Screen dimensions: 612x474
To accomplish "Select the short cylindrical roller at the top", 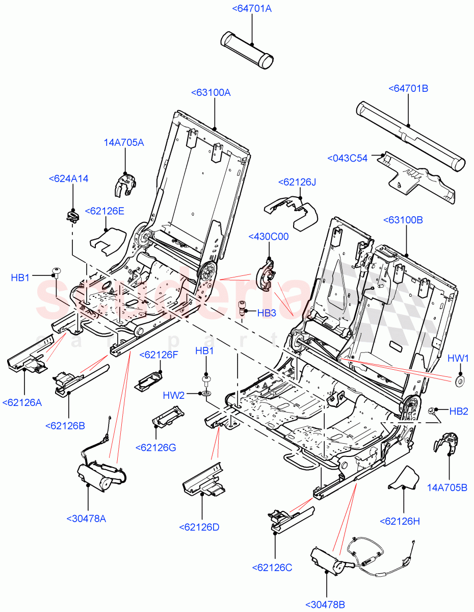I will pos(247,49).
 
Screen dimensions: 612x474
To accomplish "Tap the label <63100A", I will pos(211,93).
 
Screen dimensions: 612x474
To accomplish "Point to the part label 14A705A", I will pos(124,143).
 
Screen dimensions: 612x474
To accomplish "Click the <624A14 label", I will pos(68,179).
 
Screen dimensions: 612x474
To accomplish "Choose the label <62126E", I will pos(104,211).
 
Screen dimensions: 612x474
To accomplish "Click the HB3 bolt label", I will pos(267,313).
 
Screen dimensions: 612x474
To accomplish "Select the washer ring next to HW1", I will pos(460,380).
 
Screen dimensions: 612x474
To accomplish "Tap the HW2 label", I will pos(174,395).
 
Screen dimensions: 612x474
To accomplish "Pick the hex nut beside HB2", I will pos(432,411).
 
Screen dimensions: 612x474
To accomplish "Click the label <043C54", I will pos(348,159).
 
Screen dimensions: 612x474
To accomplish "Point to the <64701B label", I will pos(408,89).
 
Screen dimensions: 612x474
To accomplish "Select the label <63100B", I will pos(403,220).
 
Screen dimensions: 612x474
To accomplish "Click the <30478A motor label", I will pos(86,519).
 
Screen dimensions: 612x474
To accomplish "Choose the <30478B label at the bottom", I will pos(325,605).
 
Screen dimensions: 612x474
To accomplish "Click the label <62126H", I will pos(400,521).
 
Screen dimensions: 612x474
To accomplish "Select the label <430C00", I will pos(269,237).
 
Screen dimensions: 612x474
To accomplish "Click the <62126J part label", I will pos(297,183).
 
